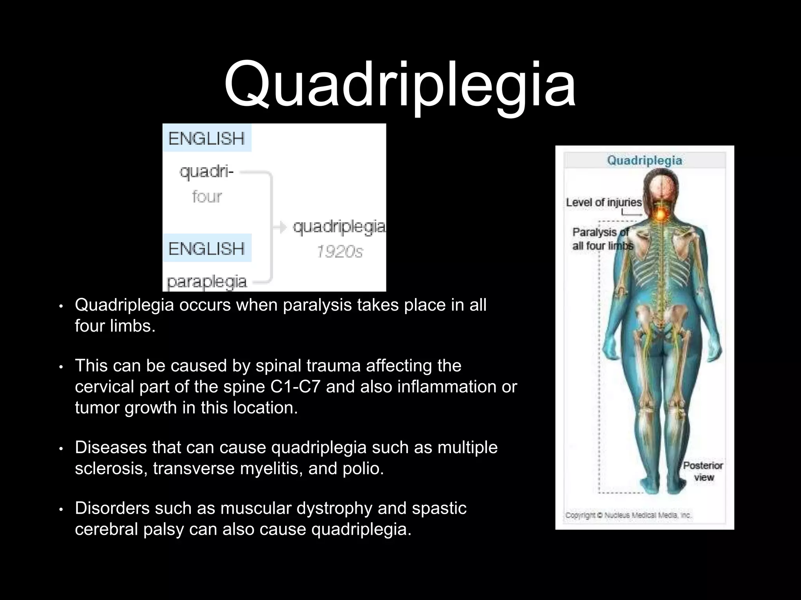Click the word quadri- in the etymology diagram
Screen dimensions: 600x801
coord(207,171)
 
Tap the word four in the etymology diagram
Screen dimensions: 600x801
coord(207,196)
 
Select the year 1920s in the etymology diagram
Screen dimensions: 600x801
coord(339,252)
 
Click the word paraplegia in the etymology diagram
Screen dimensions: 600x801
coord(207,282)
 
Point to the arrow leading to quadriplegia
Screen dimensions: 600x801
coord(280,227)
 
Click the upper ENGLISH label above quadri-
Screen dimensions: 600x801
coord(207,139)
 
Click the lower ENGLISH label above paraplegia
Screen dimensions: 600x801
coord(207,248)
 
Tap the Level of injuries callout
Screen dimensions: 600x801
coord(603,202)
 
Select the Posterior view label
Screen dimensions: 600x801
coord(703,471)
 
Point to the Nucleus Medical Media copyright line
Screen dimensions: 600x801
coord(628,516)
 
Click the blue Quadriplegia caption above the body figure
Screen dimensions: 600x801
coord(644,160)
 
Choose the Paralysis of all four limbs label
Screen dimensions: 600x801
coord(602,239)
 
